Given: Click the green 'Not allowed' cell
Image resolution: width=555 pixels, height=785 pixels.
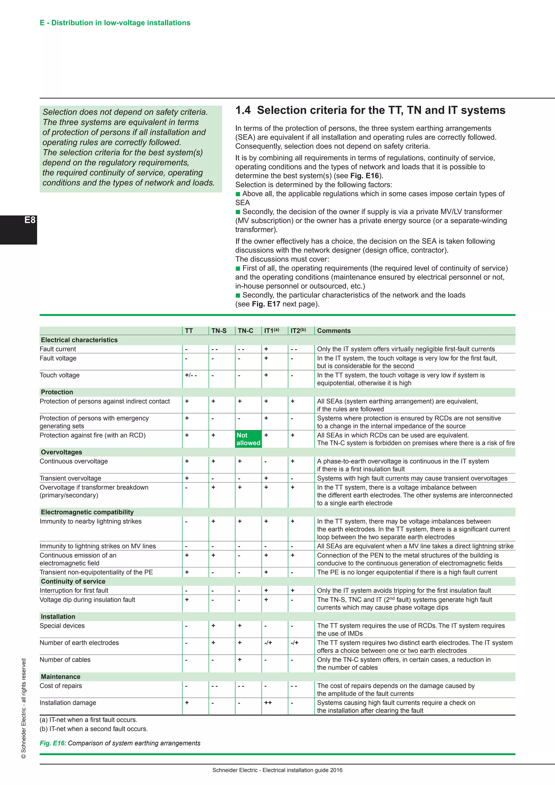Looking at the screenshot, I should click(x=248, y=439).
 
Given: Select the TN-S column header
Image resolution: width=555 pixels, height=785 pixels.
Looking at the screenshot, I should click(x=219, y=331).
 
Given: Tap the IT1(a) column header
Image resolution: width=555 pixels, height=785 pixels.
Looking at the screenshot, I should click(x=272, y=331).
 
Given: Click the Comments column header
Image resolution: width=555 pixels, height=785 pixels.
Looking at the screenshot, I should click(x=334, y=331).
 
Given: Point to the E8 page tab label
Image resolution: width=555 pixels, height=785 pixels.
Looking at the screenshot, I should click(x=30, y=220).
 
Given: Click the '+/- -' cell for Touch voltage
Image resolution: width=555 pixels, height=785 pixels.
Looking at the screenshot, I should click(x=191, y=375).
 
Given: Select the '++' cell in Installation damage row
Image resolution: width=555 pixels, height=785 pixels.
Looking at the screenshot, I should click(x=268, y=703).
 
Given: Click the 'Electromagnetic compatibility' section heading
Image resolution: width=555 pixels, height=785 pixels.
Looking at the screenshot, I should click(x=87, y=512).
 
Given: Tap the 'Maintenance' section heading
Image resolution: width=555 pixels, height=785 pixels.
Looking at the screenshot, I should click(x=60, y=677).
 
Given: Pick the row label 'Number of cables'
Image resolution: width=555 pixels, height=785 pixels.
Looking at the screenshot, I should click(x=65, y=660).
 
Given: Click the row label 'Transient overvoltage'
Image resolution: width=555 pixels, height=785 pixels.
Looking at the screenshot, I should click(x=70, y=478).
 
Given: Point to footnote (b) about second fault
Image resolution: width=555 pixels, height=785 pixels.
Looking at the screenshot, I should click(x=94, y=729).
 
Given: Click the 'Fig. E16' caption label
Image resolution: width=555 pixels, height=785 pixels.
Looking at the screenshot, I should click(x=52, y=743).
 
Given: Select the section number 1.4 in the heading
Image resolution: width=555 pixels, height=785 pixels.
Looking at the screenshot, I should click(x=243, y=110).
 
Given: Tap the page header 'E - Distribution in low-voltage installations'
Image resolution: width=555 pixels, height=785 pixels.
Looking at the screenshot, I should click(x=115, y=23).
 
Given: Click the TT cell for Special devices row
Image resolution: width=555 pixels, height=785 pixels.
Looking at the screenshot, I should click(x=186, y=626).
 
